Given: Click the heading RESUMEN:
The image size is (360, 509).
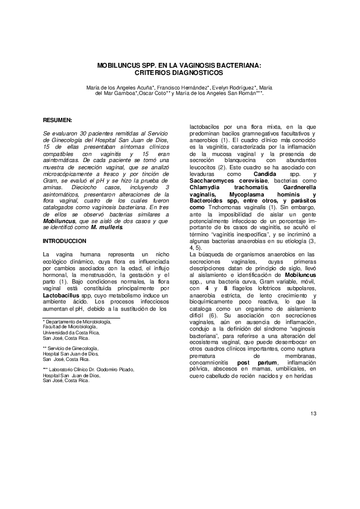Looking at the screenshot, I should point(58,120).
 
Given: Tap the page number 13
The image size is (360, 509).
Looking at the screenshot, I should point(313,413).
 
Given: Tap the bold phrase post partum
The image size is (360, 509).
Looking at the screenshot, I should point(252,363).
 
